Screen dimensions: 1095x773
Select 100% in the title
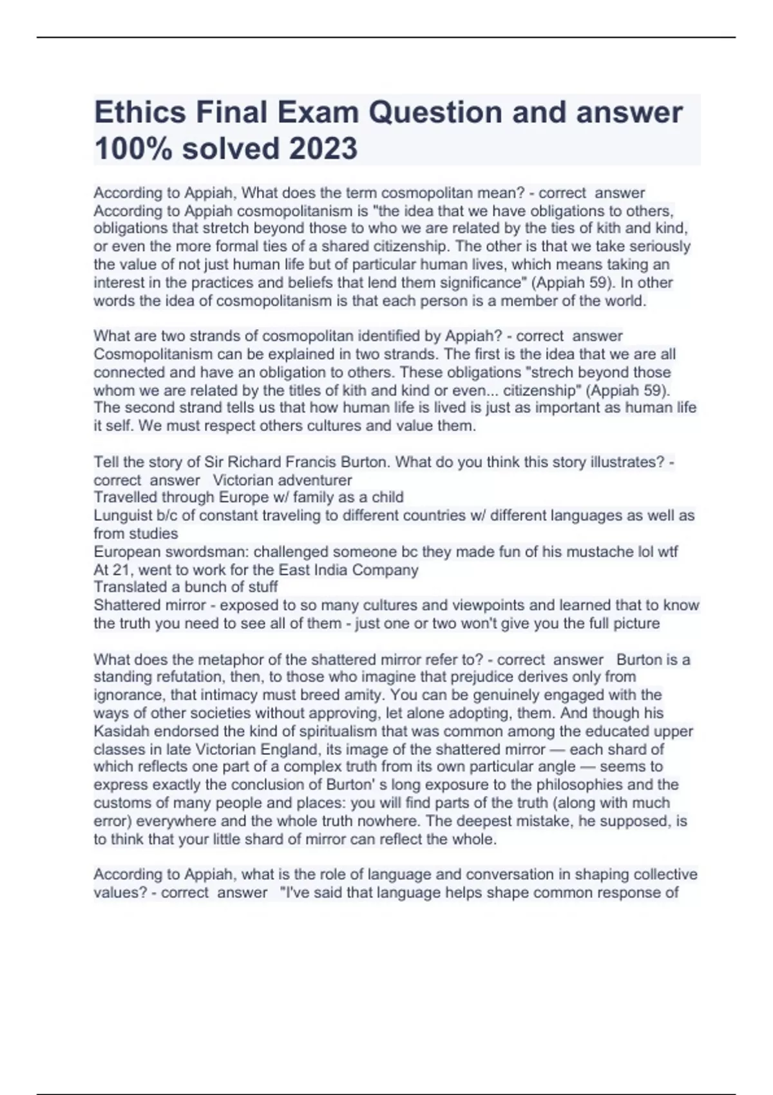click(x=133, y=149)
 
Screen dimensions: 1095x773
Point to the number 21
click(x=122, y=570)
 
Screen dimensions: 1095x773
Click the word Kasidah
click(x=119, y=732)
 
